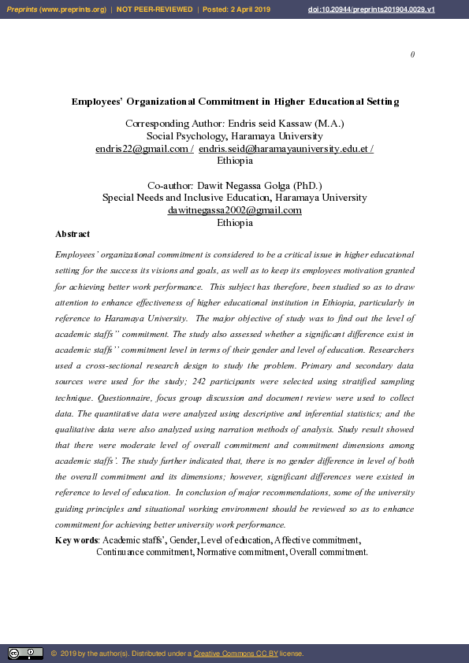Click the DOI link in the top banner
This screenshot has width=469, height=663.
click(x=371, y=9)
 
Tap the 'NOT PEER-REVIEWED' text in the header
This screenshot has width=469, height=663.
click(x=154, y=9)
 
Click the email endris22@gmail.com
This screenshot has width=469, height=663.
click(x=142, y=149)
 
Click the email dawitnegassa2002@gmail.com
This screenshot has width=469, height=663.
click(x=235, y=210)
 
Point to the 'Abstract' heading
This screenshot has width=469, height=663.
click(x=73, y=234)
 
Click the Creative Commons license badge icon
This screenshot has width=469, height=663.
click(x=25, y=654)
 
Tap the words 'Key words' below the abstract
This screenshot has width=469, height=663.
click(x=76, y=540)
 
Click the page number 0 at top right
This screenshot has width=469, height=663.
click(x=412, y=54)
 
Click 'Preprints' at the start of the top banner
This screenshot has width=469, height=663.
click(x=22, y=9)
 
